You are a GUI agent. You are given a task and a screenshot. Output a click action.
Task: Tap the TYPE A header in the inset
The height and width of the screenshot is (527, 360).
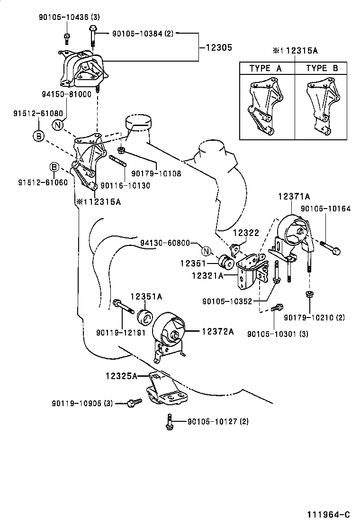(265, 68)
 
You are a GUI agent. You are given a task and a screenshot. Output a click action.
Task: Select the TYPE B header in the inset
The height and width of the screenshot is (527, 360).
(322, 68)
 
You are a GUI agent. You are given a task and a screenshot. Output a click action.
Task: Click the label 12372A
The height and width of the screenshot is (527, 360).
(218, 332)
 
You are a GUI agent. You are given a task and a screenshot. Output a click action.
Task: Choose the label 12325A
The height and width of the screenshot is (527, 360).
(121, 376)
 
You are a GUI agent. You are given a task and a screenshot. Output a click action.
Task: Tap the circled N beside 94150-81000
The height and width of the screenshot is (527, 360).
(57, 126)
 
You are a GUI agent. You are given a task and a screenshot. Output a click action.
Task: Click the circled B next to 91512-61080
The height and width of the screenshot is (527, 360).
(38, 136)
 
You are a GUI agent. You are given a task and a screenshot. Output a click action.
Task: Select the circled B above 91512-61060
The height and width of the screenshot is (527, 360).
(54, 167)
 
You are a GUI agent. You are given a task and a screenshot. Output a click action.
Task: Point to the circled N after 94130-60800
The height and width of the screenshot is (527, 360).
(206, 252)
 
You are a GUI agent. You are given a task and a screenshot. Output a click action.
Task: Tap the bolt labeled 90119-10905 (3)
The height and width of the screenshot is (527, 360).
(134, 403)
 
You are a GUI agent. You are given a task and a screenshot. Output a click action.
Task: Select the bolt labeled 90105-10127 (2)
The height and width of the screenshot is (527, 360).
(169, 422)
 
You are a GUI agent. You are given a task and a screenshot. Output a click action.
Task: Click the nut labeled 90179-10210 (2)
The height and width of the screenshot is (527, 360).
(309, 295)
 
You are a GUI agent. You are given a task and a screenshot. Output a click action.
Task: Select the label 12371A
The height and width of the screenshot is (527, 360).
(294, 197)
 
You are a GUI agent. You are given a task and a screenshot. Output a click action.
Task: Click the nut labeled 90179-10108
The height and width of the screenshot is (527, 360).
(121, 150)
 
